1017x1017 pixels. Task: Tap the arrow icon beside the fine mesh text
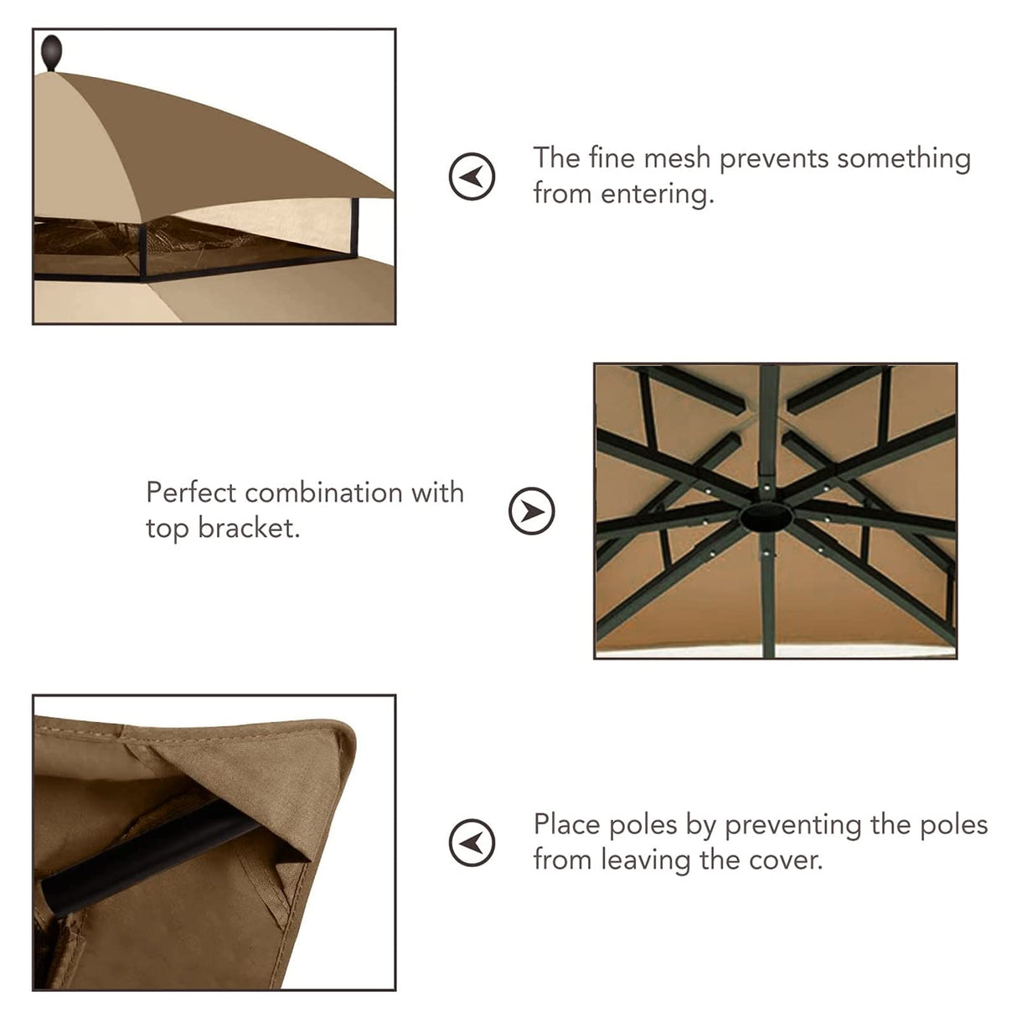472,176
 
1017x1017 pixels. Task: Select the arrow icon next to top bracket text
532,510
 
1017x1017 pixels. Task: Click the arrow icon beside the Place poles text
472,842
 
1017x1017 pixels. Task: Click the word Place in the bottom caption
567,825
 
